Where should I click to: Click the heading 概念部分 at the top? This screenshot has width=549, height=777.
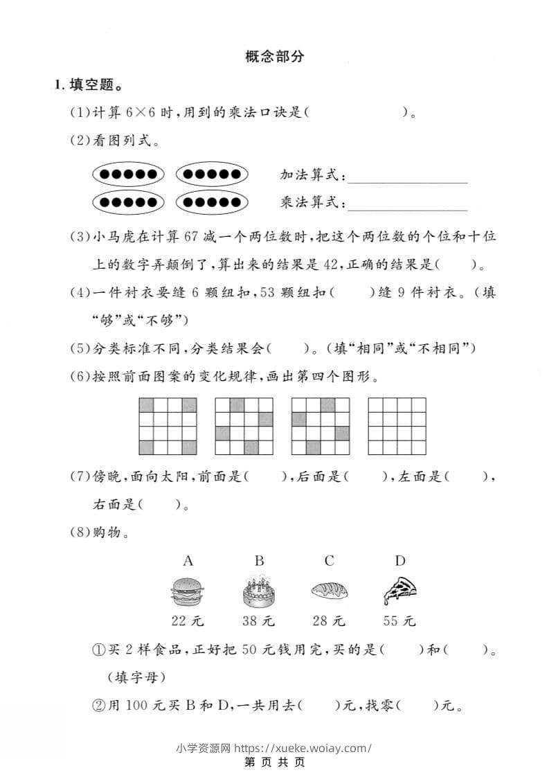pos(274,57)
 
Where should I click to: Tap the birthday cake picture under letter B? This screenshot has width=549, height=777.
pos(258,592)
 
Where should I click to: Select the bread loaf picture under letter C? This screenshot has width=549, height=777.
pos(333,590)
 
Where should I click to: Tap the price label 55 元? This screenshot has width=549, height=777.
pos(399,621)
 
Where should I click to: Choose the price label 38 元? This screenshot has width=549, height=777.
pos(258,621)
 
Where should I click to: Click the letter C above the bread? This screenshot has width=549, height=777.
pos(330,561)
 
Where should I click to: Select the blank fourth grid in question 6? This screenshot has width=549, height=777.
pos(397,426)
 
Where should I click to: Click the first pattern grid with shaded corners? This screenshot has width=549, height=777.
pos(167,426)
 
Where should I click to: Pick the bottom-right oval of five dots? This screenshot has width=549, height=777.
pos(212,203)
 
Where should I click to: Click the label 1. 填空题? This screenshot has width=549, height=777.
pos(88,87)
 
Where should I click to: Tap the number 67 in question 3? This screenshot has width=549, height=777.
pos(192,237)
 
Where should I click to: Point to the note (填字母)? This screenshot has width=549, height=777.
pos(136,675)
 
